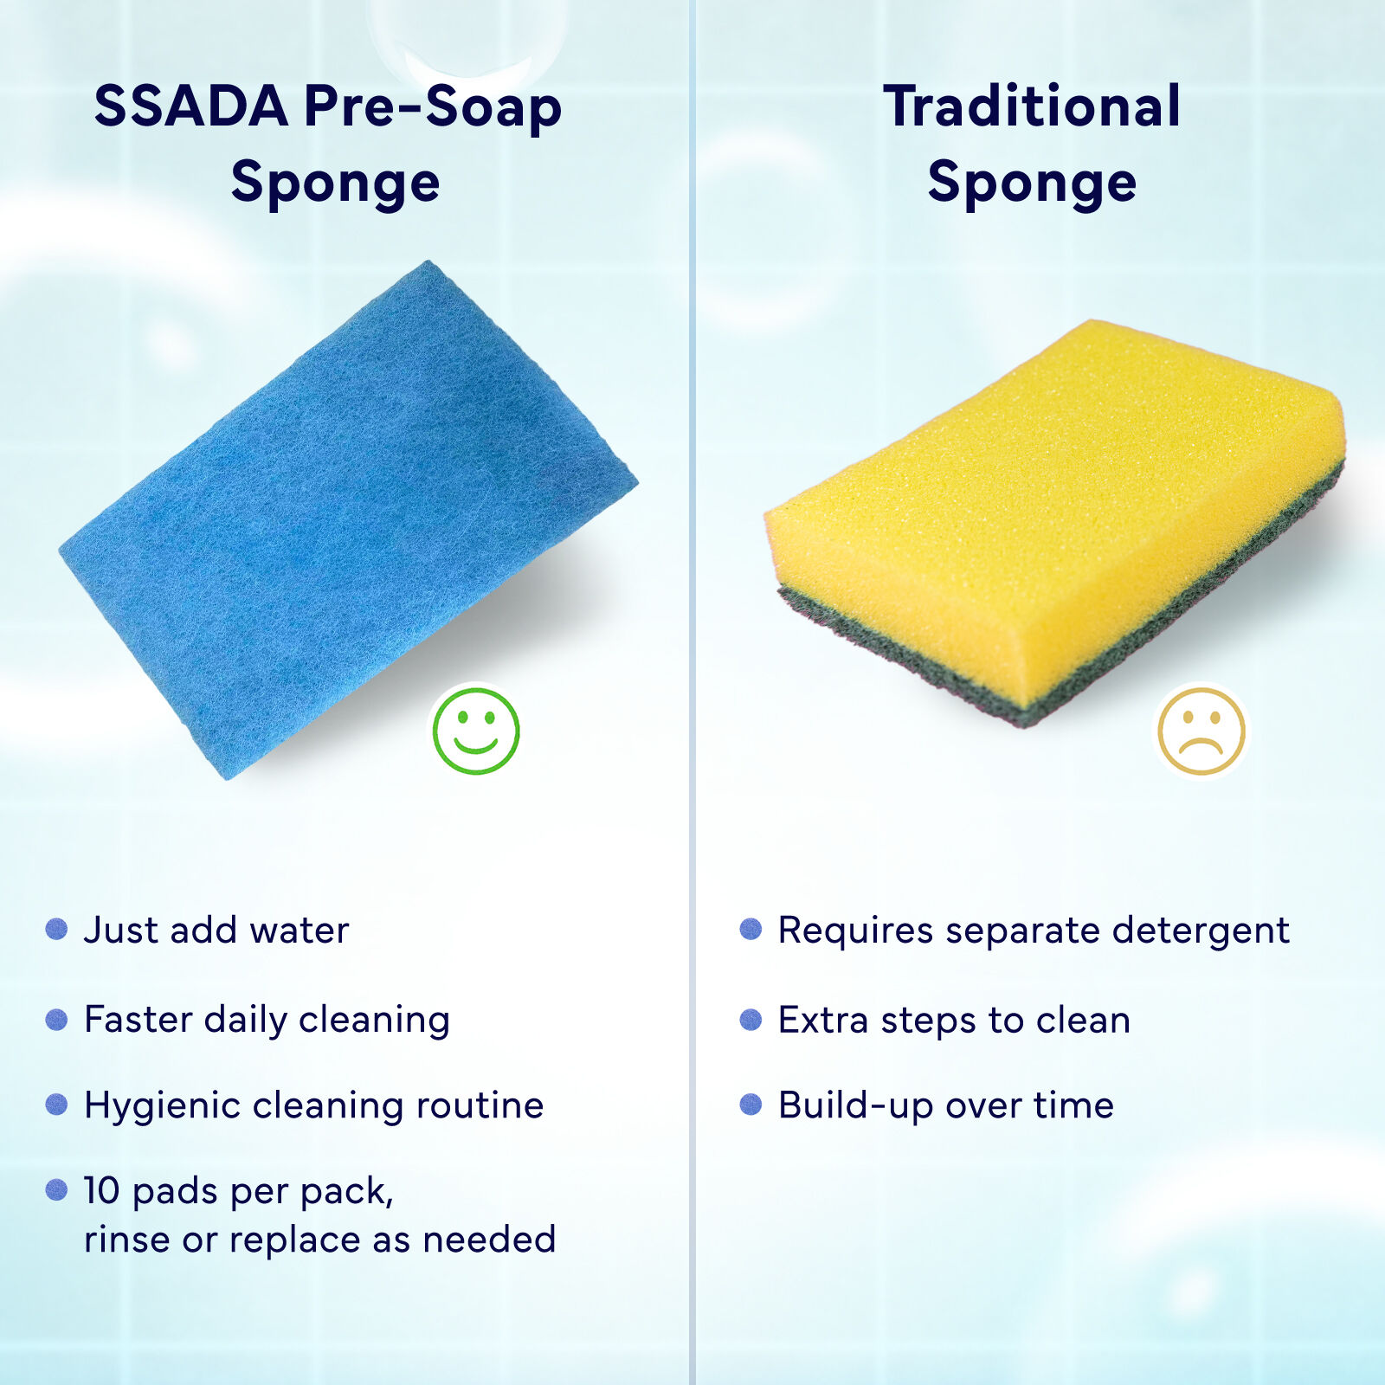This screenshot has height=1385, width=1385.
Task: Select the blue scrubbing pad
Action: tap(348, 519)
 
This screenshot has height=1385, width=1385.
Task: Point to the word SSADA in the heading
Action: tap(191, 106)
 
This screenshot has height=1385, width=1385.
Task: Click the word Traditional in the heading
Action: tap(1032, 106)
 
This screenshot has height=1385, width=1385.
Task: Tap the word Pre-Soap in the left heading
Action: tap(433, 106)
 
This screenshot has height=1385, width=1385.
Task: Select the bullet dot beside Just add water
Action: tap(56, 929)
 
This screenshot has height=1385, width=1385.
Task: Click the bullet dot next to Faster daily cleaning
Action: tap(56, 1019)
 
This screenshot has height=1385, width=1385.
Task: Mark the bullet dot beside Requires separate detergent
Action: tap(750, 929)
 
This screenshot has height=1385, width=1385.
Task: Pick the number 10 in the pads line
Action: tap(101, 1191)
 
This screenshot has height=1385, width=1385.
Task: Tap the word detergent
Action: tap(1201, 931)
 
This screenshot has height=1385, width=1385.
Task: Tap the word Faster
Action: tap(138, 1019)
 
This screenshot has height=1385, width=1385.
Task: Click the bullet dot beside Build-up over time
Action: tap(750, 1105)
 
